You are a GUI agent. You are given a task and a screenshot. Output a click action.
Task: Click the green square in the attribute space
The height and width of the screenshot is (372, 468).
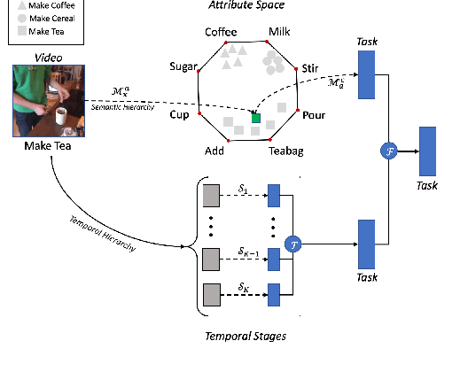coord(256,117)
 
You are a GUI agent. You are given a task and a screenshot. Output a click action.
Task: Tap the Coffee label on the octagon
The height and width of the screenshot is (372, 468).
coord(222,33)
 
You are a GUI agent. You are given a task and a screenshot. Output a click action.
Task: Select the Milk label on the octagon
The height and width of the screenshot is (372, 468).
coord(279,33)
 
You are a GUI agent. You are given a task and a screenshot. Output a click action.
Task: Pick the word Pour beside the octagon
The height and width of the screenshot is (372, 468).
coord(314,115)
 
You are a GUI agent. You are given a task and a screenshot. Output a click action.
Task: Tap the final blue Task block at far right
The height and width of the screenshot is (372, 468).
coord(427,152)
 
